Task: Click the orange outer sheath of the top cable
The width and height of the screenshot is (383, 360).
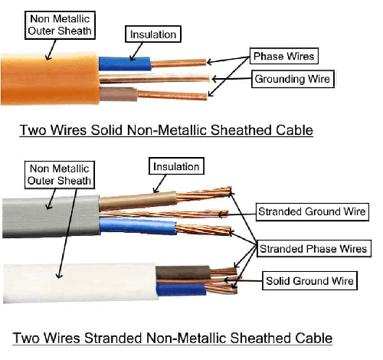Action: click(50, 79)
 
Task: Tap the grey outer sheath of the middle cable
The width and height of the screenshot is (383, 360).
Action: click(51, 217)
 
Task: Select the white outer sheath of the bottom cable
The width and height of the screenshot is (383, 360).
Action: click(80, 283)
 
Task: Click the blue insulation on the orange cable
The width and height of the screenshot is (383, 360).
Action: click(125, 64)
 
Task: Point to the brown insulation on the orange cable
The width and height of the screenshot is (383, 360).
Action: click(118, 94)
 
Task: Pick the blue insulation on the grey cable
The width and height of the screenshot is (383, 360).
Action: click(138, 226)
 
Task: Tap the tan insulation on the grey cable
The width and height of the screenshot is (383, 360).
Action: click(138, 201)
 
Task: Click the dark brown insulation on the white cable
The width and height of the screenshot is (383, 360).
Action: click(183, 273)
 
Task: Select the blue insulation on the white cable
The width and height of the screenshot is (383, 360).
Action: click(182, 290)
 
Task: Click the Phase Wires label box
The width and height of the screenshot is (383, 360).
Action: click(284, 56)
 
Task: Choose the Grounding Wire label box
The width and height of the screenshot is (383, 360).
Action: click(293, 79)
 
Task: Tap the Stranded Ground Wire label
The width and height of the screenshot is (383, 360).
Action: click(313, 211)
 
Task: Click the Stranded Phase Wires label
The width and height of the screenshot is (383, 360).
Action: click(314, 248)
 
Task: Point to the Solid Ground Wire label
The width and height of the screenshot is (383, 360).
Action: click(309, 280)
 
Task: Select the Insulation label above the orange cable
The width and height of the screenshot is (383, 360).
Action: click(153, 34)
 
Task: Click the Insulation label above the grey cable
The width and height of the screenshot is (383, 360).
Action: click(176, 166)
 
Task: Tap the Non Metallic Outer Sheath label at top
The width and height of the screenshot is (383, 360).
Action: click(60, 25)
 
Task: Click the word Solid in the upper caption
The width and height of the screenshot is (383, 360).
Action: click(106, 130)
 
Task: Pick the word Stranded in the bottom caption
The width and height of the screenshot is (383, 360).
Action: click(113, 338)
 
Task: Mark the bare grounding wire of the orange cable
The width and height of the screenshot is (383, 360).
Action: click(155, 79)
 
